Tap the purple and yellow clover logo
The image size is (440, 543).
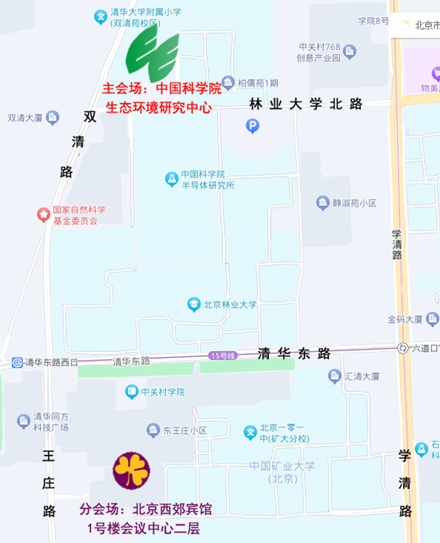click(131, 470)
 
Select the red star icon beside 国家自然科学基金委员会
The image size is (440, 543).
click(44, 215)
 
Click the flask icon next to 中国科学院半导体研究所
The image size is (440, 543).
click(172, 179)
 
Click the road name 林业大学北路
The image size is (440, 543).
click(306, 104)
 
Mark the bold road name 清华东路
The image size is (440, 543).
click(294, 353)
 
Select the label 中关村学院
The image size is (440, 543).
click(163, 392)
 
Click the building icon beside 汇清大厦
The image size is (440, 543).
click(335, 377)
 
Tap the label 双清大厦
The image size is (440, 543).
click(25, 118)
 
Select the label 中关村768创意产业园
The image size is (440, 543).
click(319, 52)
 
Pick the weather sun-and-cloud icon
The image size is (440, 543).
click(406, 24)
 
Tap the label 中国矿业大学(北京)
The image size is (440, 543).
click(282, 472)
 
